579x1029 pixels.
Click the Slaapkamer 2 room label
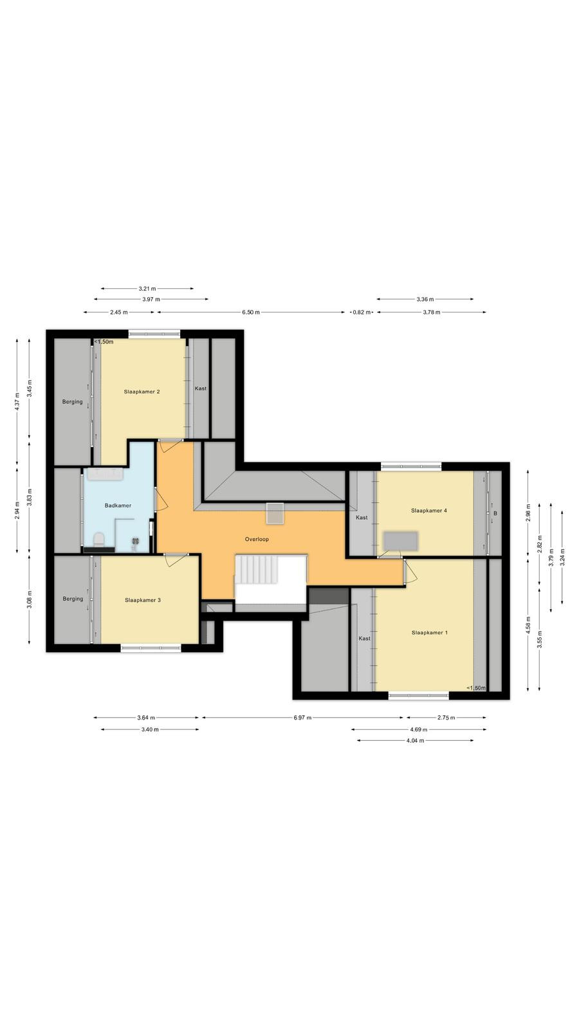(142, 392)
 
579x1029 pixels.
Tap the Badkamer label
(118, 505)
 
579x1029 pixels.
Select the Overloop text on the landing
(257, 540)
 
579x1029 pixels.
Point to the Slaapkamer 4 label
(429, 511)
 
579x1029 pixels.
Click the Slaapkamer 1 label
(430, 633)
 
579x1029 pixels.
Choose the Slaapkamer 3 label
(143, 600)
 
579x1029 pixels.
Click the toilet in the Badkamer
(98, 540)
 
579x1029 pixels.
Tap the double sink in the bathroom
(106, 475)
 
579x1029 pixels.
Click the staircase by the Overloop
(257, 570)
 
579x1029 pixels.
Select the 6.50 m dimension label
(251, 313)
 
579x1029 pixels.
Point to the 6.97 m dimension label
(302, 718)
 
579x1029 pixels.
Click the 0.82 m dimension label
(361, 313)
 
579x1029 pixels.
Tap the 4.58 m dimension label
(528, 624)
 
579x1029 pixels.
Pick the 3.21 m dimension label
(147, 289)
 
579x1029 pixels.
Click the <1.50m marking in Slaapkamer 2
(104, 341)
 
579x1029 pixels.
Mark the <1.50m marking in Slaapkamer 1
(476, 688)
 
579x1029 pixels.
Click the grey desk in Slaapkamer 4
(401, 541)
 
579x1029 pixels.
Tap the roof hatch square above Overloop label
(275, 513)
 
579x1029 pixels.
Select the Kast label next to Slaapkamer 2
(201, 388)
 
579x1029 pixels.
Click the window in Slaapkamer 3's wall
(151, 648)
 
